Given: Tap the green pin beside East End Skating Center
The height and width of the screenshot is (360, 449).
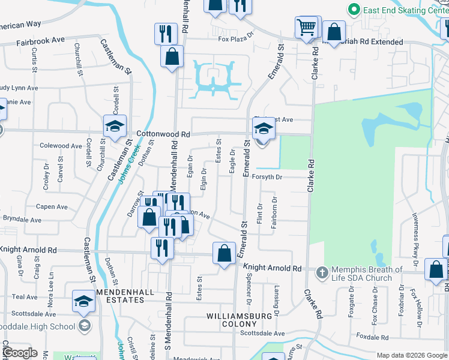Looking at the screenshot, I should point(354,10).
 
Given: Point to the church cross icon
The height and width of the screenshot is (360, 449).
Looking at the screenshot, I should point(322,273).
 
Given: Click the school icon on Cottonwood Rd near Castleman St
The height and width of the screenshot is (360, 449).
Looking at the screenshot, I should point(115,126).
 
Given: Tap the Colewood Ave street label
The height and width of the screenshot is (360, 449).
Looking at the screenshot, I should point(60,146).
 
